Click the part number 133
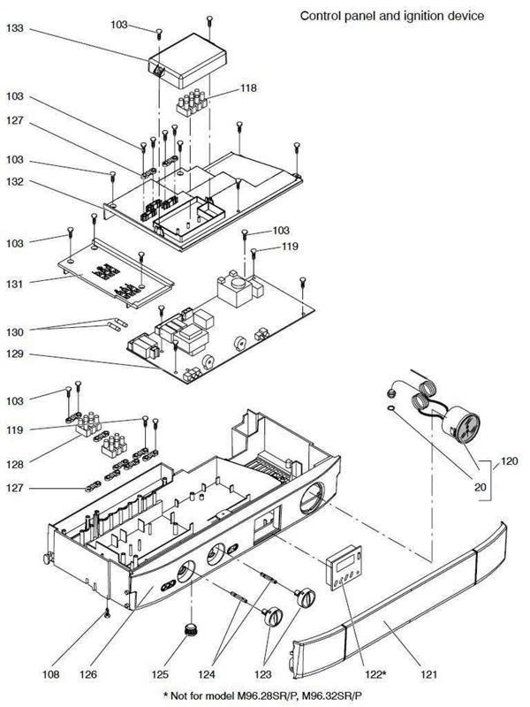pos(14,28)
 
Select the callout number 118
pos(251,89)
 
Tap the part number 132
pos(14,182)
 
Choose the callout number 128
pos(14,461)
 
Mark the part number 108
pos(52,674)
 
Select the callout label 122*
pos(377,674)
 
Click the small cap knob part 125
pos(188,629)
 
